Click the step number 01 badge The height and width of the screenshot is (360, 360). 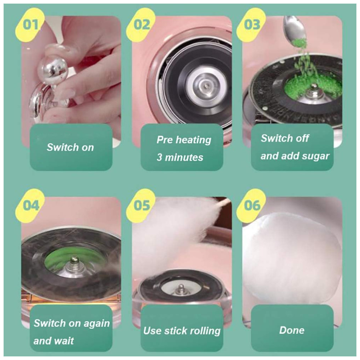pos(30,25)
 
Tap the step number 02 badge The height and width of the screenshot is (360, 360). pos(141,25)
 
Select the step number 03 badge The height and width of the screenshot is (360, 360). pos(252,25)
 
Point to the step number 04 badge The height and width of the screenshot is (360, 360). pos(30,206)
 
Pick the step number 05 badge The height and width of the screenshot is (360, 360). pos(141,206)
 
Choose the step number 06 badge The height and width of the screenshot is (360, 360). pos(252,206)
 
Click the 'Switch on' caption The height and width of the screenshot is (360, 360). pos(70,147)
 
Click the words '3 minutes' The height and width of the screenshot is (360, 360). pos(180,158)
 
